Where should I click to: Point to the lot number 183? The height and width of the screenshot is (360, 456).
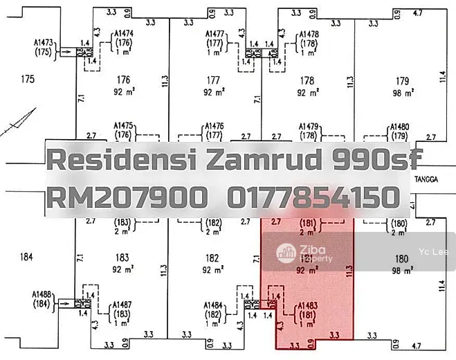(122, 258)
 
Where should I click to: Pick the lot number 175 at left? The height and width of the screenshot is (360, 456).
(28, 79)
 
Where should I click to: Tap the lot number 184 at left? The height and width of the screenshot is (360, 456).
(26, 258)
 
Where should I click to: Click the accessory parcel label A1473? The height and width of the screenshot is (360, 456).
(44, 43)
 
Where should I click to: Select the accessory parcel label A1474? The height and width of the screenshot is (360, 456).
(124, 33)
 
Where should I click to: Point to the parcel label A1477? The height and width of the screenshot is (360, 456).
(217, 33)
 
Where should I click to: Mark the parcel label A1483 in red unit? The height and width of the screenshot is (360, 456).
(307, 305)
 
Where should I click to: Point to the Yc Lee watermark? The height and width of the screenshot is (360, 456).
(430, 252)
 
